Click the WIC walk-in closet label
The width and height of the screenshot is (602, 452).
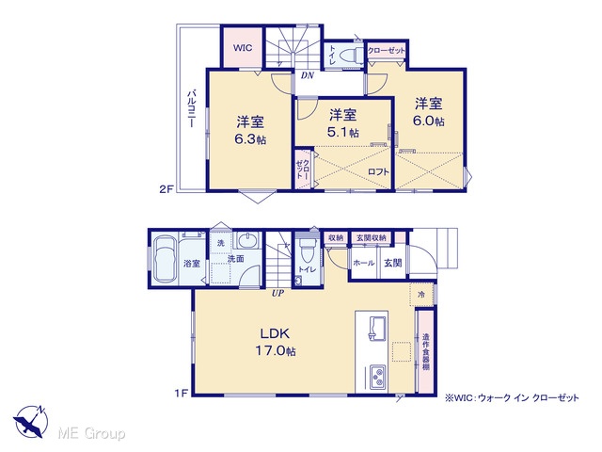pyautogui.click(x=243, y=48)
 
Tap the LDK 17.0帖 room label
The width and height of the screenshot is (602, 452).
pyautogui.click(x=276, y=342)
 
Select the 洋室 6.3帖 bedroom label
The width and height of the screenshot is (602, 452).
pyautogui.click(x=250, y=130)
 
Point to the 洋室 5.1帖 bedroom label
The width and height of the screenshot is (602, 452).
pyautogui.click(x=342, y=123)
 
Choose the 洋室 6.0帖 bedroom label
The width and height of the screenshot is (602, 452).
pyautogui.click(x=429, y=112)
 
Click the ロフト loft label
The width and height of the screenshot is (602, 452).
pyautogui.click(x=378, y=171)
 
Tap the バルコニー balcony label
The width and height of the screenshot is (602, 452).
pyautogui.click(x=192, y=109)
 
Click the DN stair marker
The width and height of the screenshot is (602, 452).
pyautogui.click(x=308, y=75)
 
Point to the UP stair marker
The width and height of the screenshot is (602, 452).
pyautogui.click(x=277, y=293)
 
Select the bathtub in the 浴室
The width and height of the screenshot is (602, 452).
pyautogui.click(x=166, y=260)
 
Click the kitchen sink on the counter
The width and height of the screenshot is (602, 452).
pyautogui.click(x=377, y=328)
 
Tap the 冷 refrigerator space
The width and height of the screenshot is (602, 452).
pyautogui.click(x=421, y=295)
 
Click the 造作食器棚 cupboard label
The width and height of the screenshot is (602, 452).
pyautogui.click(x=425, y=351)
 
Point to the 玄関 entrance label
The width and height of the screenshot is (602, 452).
pyautogui.click(x=393, y=263)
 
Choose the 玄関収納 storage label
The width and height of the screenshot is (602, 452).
pyautogui.click(x=371, y=237)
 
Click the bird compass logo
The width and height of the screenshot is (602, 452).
pyautogui.click(x=31, y=422)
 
